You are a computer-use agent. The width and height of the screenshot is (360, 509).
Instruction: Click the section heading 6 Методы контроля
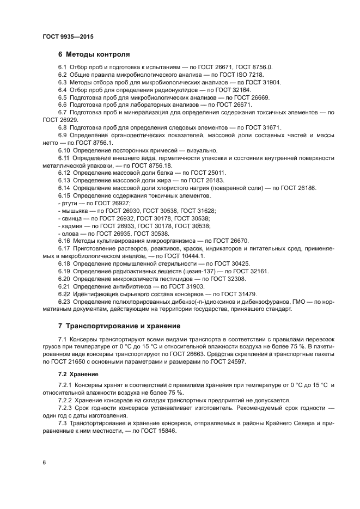pos(94,54)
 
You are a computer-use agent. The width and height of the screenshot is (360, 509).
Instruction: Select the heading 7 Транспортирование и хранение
pos(119,326)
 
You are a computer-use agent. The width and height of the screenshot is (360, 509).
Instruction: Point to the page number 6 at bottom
pos(44,462)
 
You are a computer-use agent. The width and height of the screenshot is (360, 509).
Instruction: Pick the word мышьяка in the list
pos(74,211)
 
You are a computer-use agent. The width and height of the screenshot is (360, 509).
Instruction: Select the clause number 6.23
pos(64,301)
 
